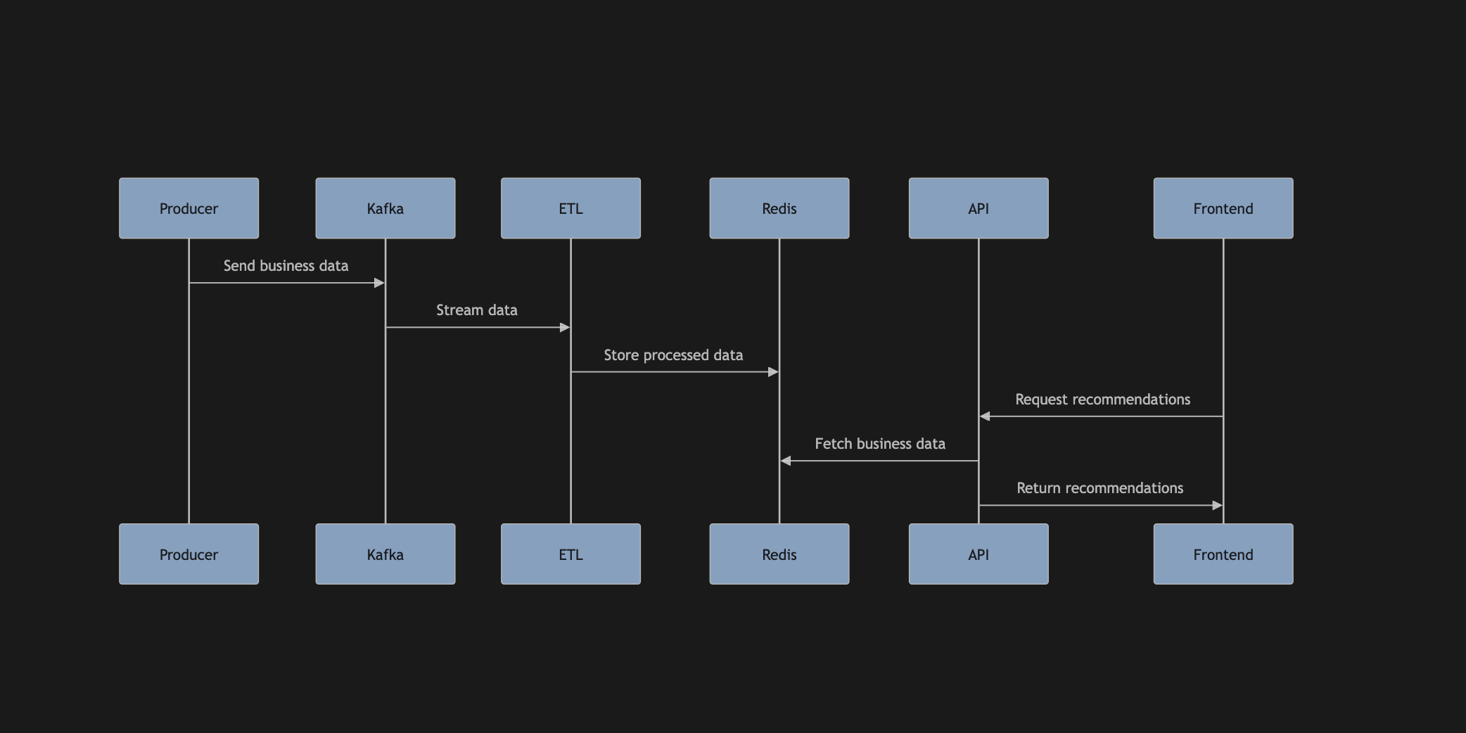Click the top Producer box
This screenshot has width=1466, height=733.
coord(189,208)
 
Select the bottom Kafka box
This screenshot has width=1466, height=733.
coord(385,554)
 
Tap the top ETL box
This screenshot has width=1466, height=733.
coord(571,208)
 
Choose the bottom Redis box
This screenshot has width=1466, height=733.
coord(779,554)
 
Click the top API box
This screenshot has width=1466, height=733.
coord(978,208)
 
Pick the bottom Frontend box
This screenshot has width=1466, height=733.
coord(1223,554)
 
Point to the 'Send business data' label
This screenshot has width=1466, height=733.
coord(286,266)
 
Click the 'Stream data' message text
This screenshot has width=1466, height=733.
coord(476,310)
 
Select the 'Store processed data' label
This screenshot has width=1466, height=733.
coord(673,355)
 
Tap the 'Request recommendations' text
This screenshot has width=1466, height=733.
coord(1102,400)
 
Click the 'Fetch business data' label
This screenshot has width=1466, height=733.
coord(879,444)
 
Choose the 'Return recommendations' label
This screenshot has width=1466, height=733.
coord(1099,488)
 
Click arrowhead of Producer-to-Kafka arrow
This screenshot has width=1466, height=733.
coord(379,283)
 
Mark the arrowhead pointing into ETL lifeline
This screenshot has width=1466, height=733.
coord(564,327)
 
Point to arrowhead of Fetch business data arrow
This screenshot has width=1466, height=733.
coord(786,461)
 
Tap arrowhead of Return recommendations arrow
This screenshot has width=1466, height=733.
coord(1217,505)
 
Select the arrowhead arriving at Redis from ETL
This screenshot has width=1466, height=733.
coord(773,371)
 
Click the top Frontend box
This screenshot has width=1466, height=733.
coord(1223,208)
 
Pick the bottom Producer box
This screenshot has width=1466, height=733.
coord(189,554)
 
